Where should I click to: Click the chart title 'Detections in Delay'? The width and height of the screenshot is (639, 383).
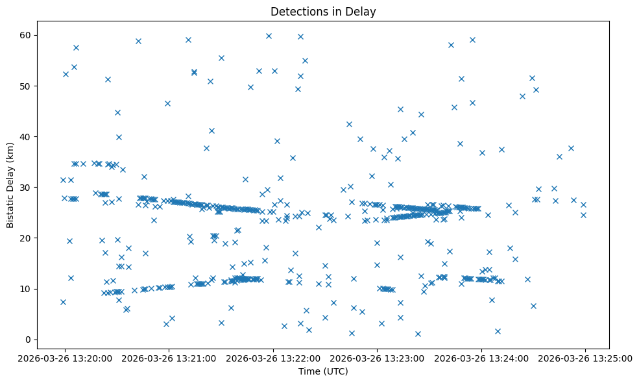tap(323, 12)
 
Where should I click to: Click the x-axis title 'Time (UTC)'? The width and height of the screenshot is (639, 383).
tap(323, 371)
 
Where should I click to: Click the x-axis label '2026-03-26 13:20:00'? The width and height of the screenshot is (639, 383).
tap(65, 358)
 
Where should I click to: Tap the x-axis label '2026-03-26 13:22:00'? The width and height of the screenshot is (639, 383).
tap(273, 358)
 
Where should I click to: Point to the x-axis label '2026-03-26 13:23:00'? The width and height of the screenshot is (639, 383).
tap(378, 358)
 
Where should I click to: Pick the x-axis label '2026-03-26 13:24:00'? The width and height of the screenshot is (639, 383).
tap(481, 358)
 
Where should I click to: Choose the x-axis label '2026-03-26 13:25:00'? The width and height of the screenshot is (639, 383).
tap(585, 358)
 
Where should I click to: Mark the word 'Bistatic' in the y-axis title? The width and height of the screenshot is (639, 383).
tap(10, 209)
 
